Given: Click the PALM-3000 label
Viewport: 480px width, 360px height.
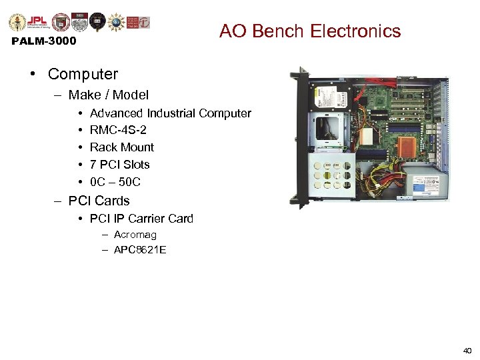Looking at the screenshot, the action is pos(44,41).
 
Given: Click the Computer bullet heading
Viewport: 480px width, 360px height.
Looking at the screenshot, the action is pos(83,74).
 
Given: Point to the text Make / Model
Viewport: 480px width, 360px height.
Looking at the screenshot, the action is pos(108,95).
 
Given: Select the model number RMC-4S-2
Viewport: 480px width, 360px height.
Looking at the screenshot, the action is pos(118,130).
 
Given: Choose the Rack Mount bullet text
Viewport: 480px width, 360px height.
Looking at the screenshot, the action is pos(121,147).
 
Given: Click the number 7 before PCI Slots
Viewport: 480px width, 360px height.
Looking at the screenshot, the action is pos(93,165).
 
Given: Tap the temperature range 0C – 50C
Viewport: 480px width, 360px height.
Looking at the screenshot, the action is pos(115,182).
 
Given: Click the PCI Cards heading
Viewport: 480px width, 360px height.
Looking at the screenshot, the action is pos(99,201).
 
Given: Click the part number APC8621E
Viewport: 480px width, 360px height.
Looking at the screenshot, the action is pos(140,250).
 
